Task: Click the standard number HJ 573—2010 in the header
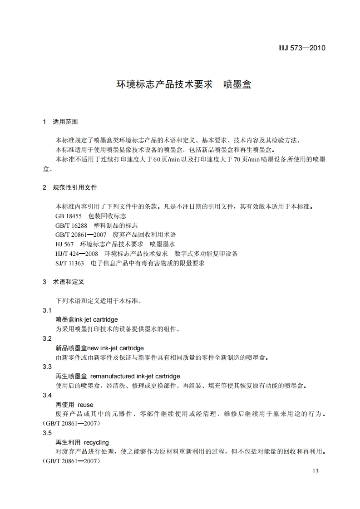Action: (301, 48)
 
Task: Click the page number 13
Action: (316, 471)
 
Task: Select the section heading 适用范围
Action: (65, 122)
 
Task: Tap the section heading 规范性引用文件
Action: (75, 187)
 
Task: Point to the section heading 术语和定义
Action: (69, 282)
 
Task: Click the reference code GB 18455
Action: (69, 216)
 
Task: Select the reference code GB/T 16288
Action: (71, 225)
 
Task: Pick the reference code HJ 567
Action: (64, 244)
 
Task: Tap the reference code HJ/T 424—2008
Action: (76, 254)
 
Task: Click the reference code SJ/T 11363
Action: (69, 263)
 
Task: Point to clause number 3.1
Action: (47, 310)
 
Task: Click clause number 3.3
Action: (47, 367)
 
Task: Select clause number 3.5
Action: (47, 433)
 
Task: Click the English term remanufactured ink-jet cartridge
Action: (135, 376)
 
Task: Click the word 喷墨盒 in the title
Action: (237, 84)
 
